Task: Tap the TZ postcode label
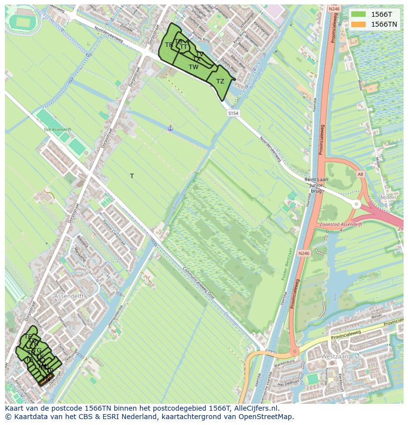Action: (220, 81)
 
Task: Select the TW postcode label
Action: (194, 67)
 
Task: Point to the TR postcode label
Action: (169, 45)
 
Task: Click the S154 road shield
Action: (233, 114)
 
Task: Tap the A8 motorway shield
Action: (360, 174)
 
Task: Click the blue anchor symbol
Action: (170, 128)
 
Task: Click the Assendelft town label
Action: (69, 296)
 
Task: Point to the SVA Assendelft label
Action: (57, 130)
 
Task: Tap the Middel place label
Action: (388, 197)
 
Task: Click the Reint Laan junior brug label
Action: (316, 185)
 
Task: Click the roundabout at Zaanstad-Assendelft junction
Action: (356, 204)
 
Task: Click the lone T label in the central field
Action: (132, 176)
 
